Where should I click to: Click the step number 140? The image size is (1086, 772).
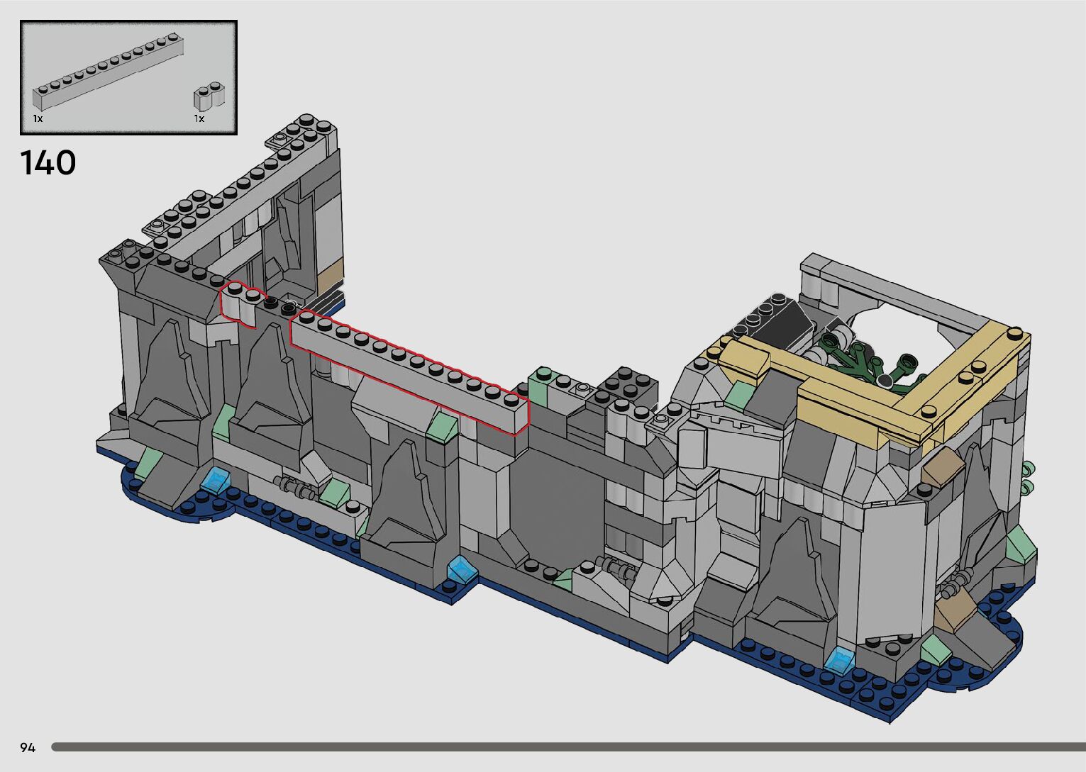click(x=48, y=162)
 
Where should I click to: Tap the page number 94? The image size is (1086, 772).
click(x=28, y=748)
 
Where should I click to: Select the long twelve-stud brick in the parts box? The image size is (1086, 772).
click(x=109, y=70)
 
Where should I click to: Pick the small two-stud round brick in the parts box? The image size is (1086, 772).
click(x=209, y=96)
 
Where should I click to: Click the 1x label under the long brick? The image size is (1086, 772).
click(x=38, y=118)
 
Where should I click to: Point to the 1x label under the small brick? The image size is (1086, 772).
click(x=199, y=118)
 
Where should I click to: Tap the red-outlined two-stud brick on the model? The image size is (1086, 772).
click(x=243, y=304)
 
